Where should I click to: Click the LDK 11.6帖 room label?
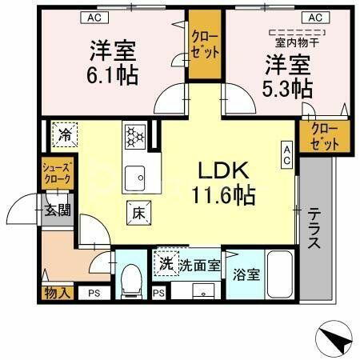(222, 182)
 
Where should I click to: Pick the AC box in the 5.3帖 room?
(314, 17)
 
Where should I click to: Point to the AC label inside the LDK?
(286, 153)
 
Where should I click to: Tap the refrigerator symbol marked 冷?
(63, 134)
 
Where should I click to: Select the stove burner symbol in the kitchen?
(134, 135)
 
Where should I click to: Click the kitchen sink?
(134, 174)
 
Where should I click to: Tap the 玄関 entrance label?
(57, 211)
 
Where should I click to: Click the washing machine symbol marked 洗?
(165, 262)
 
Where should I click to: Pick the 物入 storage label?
(57, 294)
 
